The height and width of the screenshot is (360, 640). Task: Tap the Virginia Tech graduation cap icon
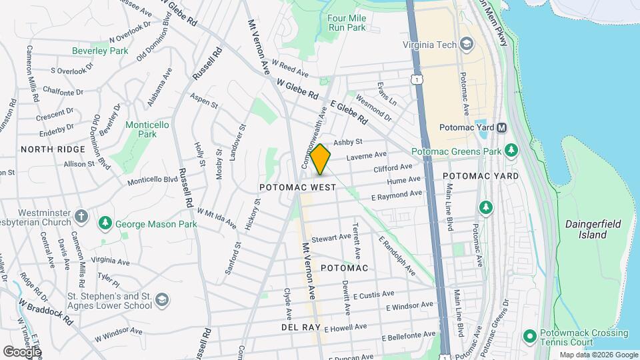467,45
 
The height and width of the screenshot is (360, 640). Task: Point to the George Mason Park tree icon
105,222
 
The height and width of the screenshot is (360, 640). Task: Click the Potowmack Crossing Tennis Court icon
530,335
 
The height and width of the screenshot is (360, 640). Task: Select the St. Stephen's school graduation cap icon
161,301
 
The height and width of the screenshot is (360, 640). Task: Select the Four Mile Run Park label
347,23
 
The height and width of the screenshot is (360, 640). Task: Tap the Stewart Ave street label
331,237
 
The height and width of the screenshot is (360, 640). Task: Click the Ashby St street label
347,142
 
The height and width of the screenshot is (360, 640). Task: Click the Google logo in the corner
22,351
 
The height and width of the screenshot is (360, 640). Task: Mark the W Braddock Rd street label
45,310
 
